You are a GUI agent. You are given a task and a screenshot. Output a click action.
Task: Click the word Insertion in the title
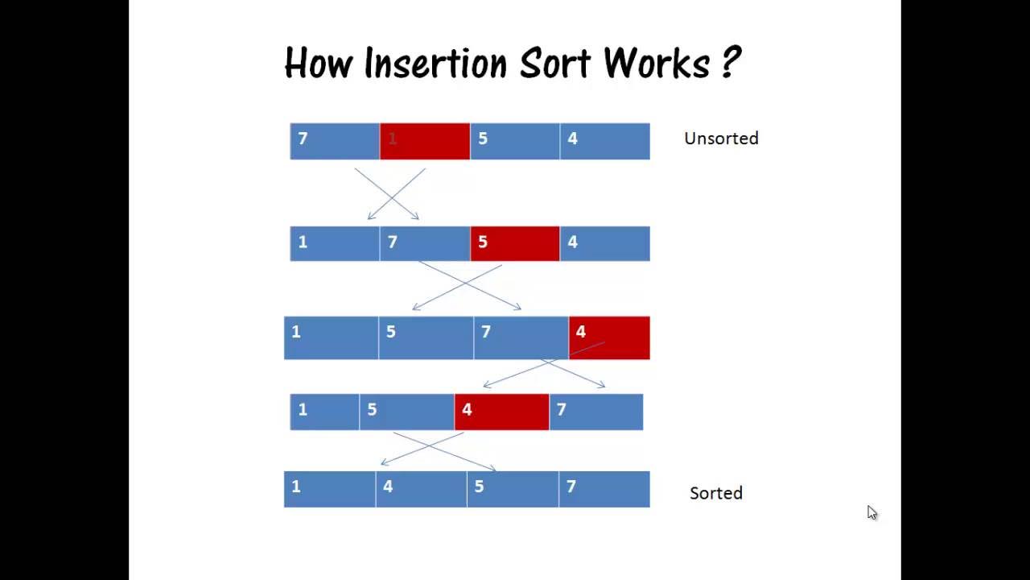coord(435,63)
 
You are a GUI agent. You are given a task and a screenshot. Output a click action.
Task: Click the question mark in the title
coord(730,63)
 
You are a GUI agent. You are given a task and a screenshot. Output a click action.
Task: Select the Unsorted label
coord(721,139)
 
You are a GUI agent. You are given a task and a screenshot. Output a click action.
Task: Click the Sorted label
coord(715,493)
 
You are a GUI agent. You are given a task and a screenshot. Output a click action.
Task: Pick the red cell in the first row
coord(425,141)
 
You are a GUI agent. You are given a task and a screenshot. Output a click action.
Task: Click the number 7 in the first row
coord(303,139)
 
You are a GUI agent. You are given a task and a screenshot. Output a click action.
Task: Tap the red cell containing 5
coord(515,243)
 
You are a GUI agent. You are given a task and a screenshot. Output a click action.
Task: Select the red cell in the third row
coord(609,338)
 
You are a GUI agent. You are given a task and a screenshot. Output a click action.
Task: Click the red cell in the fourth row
coord(501,412)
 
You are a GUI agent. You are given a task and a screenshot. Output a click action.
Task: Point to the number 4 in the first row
coord(572,139)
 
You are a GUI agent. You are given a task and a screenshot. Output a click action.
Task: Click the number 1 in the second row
coord(303,242)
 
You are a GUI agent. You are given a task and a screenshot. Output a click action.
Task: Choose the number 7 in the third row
coord(485,332)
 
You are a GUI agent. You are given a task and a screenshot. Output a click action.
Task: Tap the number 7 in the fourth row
coord(562,410)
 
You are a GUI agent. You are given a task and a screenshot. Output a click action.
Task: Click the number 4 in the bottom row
coord(388,487)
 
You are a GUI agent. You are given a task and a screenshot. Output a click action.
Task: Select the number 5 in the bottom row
coord(479,487)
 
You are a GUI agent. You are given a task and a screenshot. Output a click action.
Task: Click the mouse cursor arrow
coord(871,512)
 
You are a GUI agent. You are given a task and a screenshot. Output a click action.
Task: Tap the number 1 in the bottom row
coord(296,487)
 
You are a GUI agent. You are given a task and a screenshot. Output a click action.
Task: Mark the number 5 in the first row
coord(483,139)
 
